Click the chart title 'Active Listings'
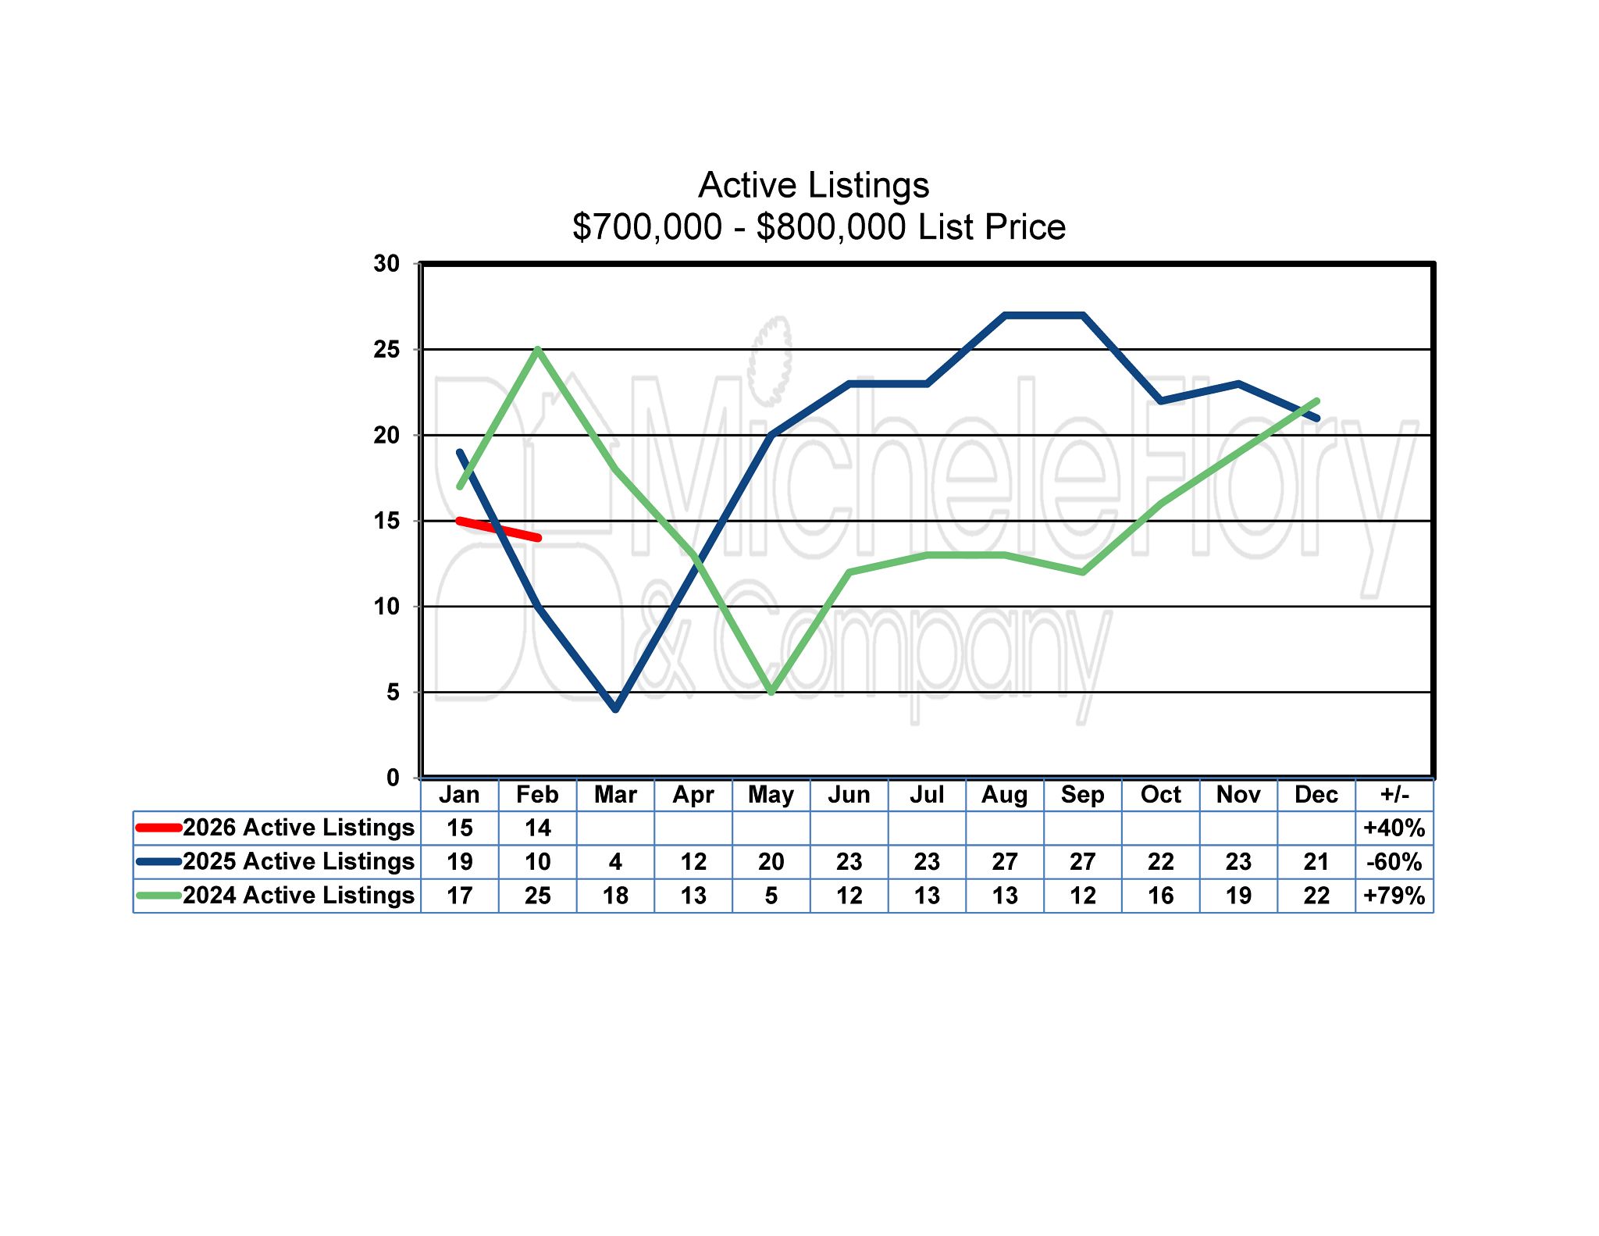pyautogui.click(x=814, y=185)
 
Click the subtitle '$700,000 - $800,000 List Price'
pyautogui.click(x=818, y=227)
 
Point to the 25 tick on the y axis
pyautogui.click(x=386, y=349)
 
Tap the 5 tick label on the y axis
pyautogui.click(x=393, y=692)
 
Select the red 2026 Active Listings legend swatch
pyautogui.click(x=158, y=828)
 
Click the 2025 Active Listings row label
pyautogui.click(x=298, y=861)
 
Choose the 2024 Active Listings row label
pyautogui.click(x=298, y=895)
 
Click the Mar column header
pyautogui.click(x=615, y=795)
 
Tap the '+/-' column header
pyautogui.click(x=1394, y=795)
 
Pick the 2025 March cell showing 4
pyautogui.click(x=615, y=862)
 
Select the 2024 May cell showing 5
pyautogui.click(x=771, y=896)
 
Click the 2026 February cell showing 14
pyautogui.click(x=537, y=828)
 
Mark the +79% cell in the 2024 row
pyautogui.click(x=1394, y=896)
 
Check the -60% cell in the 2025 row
pyautogui.click(x=1394, y=862)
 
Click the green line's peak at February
pyautogui.click(x=538, y=350)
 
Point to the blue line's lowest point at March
pyautogui.click(x=616, y=709)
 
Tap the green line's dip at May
pyautogui.click(x=771, y=692)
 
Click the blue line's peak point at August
pyautogui.click(x=1005, y=315)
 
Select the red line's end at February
pyautogui.click(x=538, y=538)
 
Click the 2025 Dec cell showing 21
pyautogui.click(x=1316, y=862)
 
